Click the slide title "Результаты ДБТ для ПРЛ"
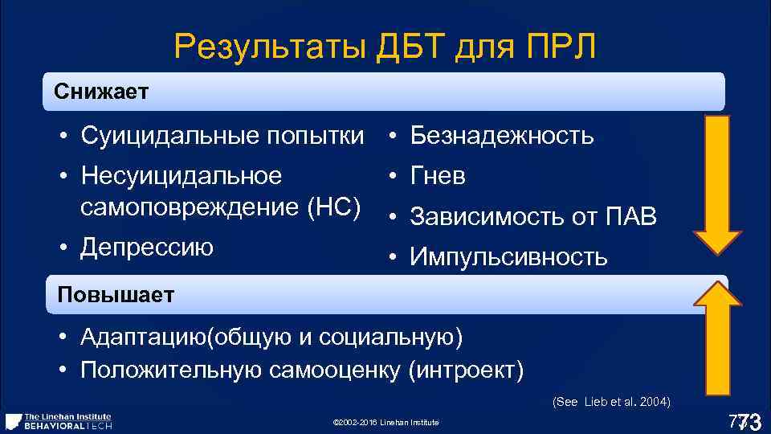click(385, 48)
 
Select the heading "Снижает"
click(101, 92)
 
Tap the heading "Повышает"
click(115, 295)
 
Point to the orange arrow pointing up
click(717, 345)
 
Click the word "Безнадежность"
click(502, 137)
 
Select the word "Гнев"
click(438, 176)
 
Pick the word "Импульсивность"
click(508, 257)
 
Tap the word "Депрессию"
click(147, 248)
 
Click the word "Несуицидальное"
click(182, 176)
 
